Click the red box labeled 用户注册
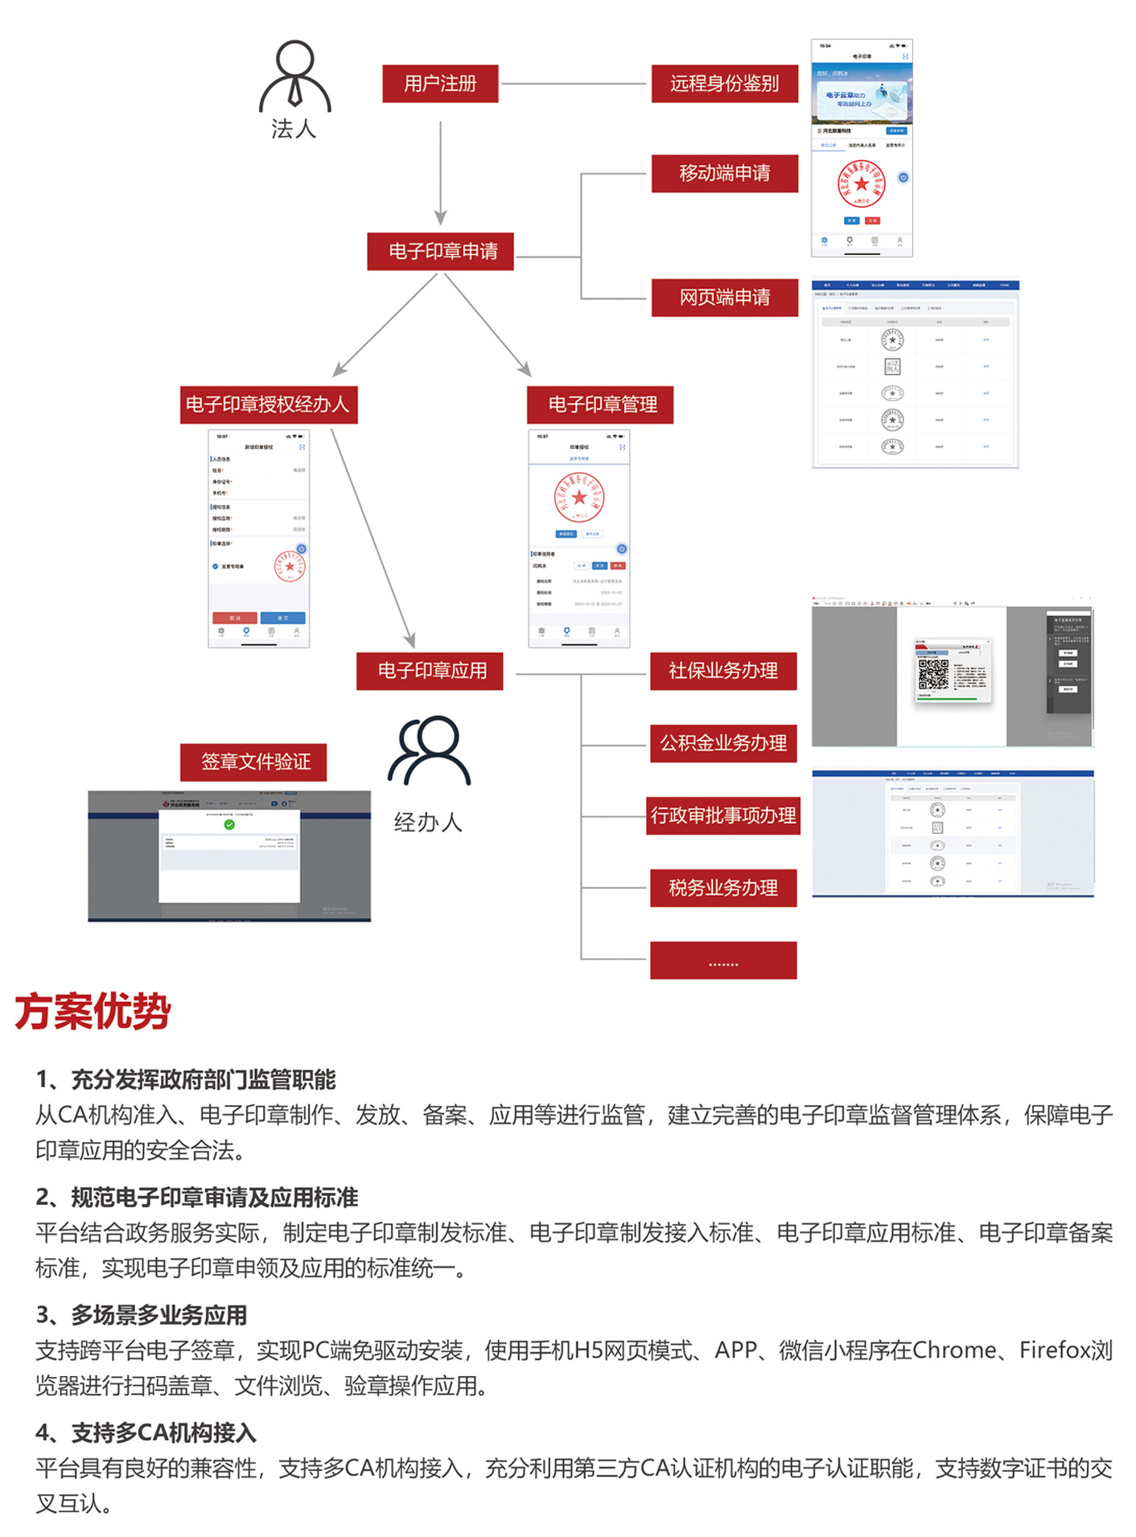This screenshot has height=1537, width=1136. (440, 84)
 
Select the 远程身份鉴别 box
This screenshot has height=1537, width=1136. (724, 84)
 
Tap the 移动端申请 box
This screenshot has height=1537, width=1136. (724, 174)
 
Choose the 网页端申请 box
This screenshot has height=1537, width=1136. (724, 298)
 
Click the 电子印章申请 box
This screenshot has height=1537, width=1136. (440, 252)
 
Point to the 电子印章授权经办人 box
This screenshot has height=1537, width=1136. (268, 405)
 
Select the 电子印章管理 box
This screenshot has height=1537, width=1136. (600, 405)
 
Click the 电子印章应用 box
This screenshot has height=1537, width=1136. (430, 671)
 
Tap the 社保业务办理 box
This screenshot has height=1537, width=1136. (723, 671)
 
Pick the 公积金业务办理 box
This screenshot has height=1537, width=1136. (723, 743)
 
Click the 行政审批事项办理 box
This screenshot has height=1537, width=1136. (723, 816)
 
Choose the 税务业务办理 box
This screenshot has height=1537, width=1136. (723, 888)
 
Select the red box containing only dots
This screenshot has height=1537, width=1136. (723, 960)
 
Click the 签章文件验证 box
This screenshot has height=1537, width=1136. (253, 762)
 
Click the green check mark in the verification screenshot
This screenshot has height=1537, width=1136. (229, 824)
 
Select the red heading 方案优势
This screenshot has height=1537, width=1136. (93, 1012)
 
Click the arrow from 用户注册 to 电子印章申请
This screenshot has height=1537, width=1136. (440, 173)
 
